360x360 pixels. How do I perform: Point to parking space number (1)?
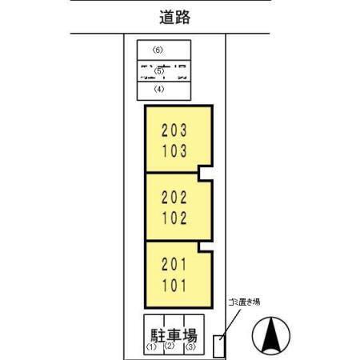click(150, 347)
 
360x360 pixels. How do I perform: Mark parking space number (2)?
click(169, 346)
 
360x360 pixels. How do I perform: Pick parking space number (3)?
click(190, 347)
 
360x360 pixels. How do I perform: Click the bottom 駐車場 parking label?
click(170, 333)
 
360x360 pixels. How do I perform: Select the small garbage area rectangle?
click(221, 346)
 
